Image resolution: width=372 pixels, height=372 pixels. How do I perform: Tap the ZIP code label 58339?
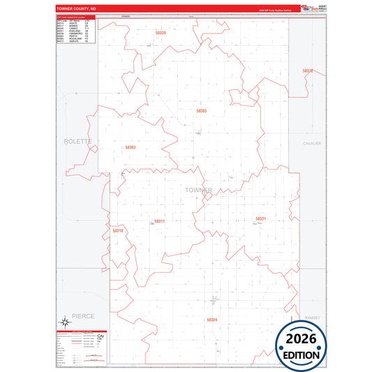(161, 33)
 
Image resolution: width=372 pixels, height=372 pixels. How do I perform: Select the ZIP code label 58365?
(202, 111)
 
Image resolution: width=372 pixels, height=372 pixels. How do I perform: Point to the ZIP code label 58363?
(130, 147)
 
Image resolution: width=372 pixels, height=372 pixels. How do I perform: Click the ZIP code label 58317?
(159, 221)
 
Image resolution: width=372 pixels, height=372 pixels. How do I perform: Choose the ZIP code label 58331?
(260, 219)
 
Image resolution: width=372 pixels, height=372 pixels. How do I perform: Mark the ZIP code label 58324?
(212, 320)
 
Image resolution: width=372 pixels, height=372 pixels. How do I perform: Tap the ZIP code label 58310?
(117, 230)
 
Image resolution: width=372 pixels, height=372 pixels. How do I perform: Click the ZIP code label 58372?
(308, 71)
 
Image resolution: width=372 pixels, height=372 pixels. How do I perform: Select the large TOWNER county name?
(199, 190)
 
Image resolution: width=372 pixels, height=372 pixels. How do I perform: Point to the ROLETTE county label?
(77, 141)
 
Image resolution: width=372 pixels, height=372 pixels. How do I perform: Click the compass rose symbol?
(64, 322)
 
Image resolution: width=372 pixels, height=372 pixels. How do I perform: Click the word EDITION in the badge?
(301, 355)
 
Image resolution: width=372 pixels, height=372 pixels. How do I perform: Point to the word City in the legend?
(102, 336)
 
